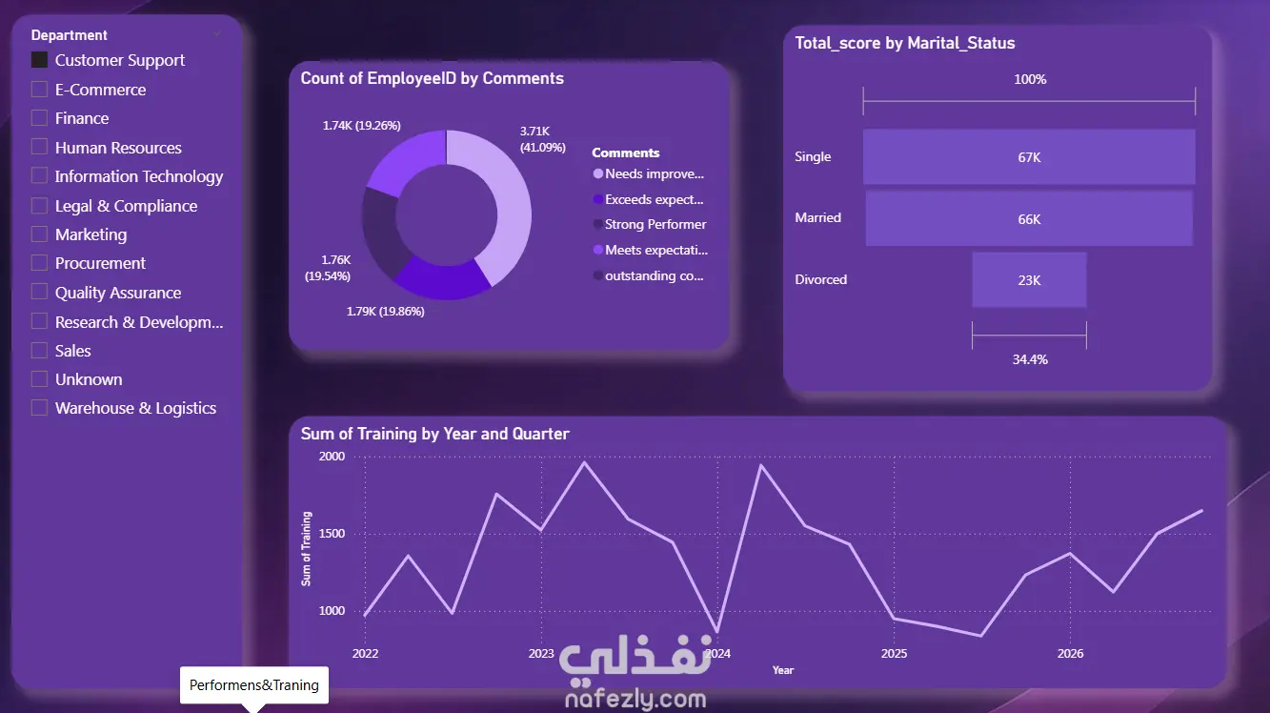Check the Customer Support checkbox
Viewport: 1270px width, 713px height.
[39, 60]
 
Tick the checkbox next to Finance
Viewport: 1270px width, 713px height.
[39, 118]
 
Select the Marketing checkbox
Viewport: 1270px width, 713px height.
[39, 234]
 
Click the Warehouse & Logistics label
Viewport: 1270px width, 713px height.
[135, 408]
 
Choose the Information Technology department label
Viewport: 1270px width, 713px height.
[139, 177]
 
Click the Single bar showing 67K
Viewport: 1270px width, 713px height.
[1029, 157]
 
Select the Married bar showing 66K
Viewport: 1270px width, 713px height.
[1029, 218]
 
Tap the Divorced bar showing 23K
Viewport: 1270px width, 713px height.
[1029, 279]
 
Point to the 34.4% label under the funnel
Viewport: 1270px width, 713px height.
[1030, 359]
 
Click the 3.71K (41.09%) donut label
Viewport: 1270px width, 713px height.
[543, 139]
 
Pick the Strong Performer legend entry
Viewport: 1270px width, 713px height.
[650, 225]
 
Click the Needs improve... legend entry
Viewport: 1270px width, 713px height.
[649, 174]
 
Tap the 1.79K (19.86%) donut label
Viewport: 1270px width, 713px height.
[386, 312]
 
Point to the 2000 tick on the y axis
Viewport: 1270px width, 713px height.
[332, 457]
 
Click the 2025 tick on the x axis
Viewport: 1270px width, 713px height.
[894, 654]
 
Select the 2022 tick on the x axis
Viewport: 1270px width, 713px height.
[365, 654]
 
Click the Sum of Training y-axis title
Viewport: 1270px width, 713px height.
[306, 548]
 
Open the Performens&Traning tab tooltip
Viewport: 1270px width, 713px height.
[254, 685]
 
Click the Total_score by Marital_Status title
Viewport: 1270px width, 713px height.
[905, 43]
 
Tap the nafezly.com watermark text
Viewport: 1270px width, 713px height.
[635, 699]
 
